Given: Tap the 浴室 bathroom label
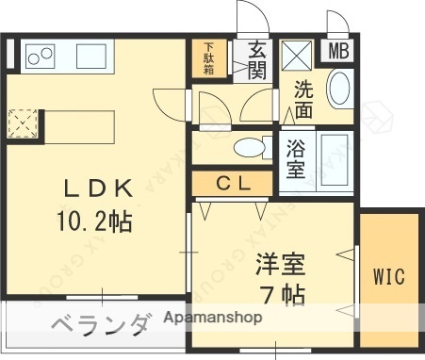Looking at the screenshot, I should pyautogui.click(x=296, y=159).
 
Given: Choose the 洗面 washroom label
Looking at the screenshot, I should pyautogui.click(x=303, y=99).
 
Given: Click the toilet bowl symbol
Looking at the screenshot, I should pyautogui.click(x=248, y=147).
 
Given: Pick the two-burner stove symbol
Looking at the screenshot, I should pyautogui.click(x=40, y=57).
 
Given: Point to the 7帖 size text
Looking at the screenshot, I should pyautogui.click(x=282, y=294).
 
